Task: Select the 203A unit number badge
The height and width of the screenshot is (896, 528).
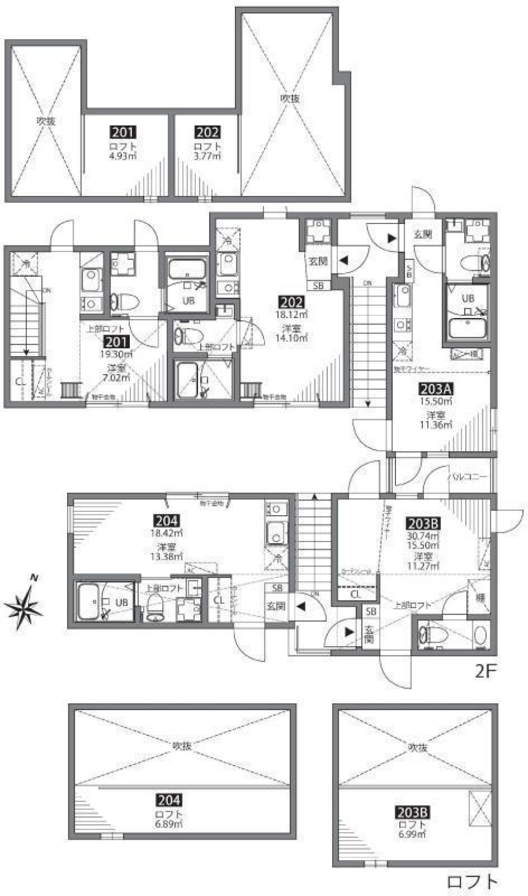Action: point(436,389)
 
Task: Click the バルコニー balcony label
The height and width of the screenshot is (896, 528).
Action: point(469,477)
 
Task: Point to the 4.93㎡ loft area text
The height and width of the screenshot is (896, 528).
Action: point(123,156)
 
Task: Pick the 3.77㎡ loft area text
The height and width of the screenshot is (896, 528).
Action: point(207,156)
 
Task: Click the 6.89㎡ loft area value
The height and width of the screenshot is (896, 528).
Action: point(169,824)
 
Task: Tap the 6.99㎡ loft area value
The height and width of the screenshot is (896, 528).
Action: point(412,834)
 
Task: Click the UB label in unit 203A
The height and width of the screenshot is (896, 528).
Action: point(468,298)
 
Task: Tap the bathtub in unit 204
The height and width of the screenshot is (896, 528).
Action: point(91,601)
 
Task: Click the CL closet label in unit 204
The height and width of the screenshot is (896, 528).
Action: point(219,600)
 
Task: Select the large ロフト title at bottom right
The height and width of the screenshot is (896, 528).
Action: point(472,882)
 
